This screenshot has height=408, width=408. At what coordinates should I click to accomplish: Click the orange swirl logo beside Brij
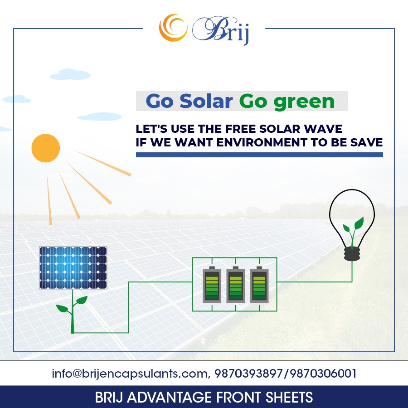click(173, 28)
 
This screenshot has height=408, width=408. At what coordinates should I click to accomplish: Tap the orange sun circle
click(46, 148)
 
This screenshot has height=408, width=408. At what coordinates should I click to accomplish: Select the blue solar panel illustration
click(73, 268)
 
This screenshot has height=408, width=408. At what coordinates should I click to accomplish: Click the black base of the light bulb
click(352, 254)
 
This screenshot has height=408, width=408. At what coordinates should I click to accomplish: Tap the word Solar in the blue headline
click(206, 101)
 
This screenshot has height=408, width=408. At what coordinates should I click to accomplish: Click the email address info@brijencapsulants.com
click(130, 374)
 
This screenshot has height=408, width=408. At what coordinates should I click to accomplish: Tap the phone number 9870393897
click(248, 374)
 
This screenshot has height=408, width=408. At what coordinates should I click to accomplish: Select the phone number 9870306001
click(323, 374)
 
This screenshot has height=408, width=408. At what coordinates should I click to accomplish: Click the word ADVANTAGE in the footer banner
click(170, 397)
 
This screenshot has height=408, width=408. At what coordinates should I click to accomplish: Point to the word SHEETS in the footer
click(289, 397)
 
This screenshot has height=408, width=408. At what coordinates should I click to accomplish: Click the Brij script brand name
click(221, 30)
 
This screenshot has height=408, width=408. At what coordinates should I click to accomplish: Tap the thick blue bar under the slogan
click(259, 155)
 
